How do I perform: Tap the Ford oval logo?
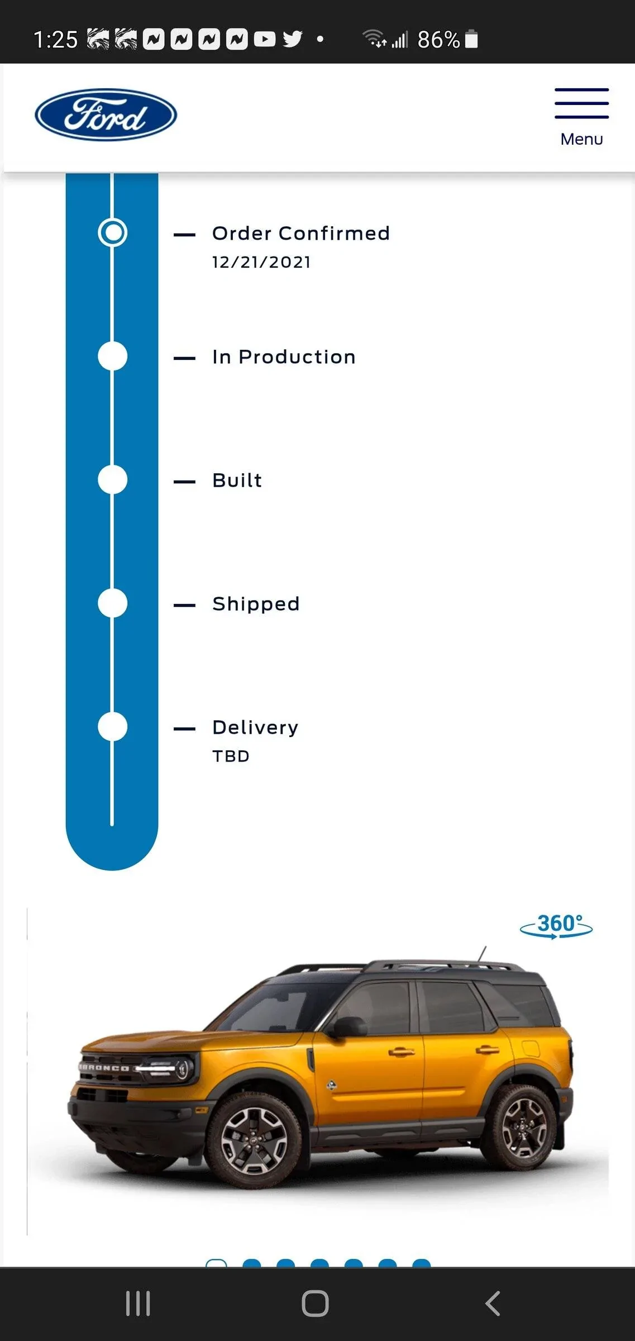(x=106, y=115)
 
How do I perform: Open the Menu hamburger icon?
(x=581, y=104)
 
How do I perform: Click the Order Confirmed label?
(x=300, y=234)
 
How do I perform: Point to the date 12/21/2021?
(x=261, y=262)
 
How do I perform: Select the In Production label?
(x=284, y=357)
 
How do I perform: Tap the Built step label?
(x=237, y=481)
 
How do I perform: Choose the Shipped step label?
(x=256, y=604)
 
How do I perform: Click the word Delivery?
(x=255, y=727)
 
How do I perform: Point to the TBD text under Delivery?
(x=231, y=756)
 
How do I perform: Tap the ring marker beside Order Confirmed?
(x=113, y=232)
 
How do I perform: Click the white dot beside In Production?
(x=113, y=356)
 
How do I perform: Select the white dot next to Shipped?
(x=113, y=603)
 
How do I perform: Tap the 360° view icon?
(x=556, y=926)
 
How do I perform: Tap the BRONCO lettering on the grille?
(x=104, y=1068)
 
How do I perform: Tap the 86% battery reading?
(x=438, y=40)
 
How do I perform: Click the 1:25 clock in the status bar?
(x=55, y=40)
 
